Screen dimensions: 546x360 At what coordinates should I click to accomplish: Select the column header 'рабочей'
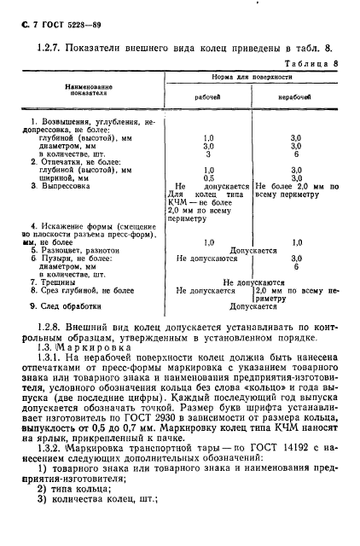(x=208, y=97)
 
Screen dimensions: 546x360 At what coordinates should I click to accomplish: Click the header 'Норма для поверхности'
(x=252, y=76)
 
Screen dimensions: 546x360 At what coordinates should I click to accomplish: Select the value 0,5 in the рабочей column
(x=208, y=178)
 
